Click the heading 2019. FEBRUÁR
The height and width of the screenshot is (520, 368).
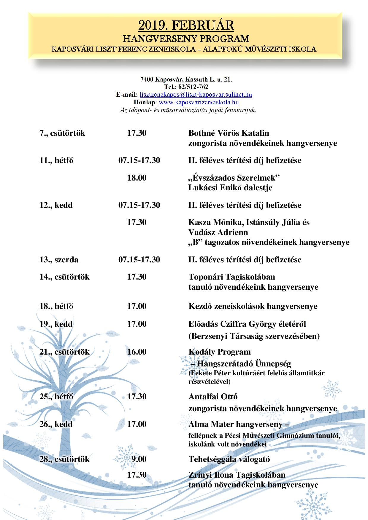tap(186, 25)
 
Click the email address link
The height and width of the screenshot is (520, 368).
tap(196, 95)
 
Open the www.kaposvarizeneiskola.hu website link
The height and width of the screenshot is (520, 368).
tap(199, 102)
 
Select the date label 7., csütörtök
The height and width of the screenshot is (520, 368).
tap(62, 133)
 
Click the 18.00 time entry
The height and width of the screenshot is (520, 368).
tap(137, 178)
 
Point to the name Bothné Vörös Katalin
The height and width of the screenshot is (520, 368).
tap(229, 133)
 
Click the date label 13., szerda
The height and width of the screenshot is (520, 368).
tap(59, 260)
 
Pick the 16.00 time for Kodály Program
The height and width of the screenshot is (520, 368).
tap(137, 352)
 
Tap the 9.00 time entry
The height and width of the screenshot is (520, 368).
tap(139, 459)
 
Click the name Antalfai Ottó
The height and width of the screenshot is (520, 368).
tap(213, 397)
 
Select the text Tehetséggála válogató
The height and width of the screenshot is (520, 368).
tap(229, 459)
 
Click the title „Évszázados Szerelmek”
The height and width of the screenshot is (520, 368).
tap(234, 178)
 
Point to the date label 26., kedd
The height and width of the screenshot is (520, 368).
tap(56, 424)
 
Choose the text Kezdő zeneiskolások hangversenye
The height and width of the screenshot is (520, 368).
tap(253, 306)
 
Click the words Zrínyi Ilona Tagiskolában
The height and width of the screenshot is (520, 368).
tap(237, 475)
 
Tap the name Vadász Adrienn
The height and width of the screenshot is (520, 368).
tap(218, 232)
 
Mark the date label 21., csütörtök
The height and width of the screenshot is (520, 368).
tap(64, 352)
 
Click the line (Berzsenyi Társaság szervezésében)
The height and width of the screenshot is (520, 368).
tap(254, 336)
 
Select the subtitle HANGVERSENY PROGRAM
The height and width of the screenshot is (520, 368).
tap(186, 39)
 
